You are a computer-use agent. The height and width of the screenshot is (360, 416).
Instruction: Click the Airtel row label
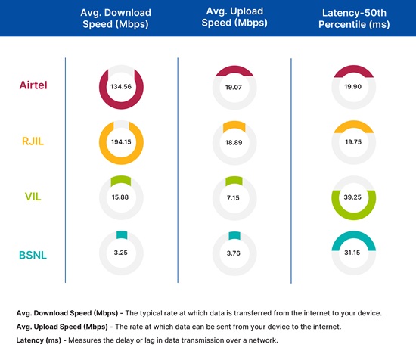33,85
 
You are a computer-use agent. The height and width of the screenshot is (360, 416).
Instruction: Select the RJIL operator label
33,141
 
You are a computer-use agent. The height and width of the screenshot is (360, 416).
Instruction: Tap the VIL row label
33,197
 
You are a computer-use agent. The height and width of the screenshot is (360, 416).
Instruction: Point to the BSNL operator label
33,255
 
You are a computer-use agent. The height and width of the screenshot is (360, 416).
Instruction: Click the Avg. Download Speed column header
116,18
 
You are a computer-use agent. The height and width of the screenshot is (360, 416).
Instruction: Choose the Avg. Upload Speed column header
234,17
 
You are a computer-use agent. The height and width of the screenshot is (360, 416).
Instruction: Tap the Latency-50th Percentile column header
354,19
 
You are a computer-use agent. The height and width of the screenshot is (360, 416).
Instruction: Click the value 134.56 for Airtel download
121,87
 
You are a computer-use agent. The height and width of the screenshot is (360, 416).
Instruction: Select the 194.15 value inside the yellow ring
121,142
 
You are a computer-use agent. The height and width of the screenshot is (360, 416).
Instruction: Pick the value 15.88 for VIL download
120,197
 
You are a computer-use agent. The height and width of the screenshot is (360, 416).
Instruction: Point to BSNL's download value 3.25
121,253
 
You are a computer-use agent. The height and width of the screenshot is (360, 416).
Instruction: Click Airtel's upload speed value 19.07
234,87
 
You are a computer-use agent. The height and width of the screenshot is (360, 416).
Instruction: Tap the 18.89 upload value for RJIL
234,143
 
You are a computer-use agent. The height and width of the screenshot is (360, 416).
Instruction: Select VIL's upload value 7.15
233,198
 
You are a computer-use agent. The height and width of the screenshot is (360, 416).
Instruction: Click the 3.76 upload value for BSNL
234,253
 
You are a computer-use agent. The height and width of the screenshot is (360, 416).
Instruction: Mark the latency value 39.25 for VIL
352,197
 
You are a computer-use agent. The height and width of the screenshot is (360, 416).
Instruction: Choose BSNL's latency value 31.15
352,253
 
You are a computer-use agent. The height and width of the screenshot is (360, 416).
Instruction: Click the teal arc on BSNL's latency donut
354,235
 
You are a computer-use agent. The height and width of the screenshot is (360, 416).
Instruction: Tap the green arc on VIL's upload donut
234,181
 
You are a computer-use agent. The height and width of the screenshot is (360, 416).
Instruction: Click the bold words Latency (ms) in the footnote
39,340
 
